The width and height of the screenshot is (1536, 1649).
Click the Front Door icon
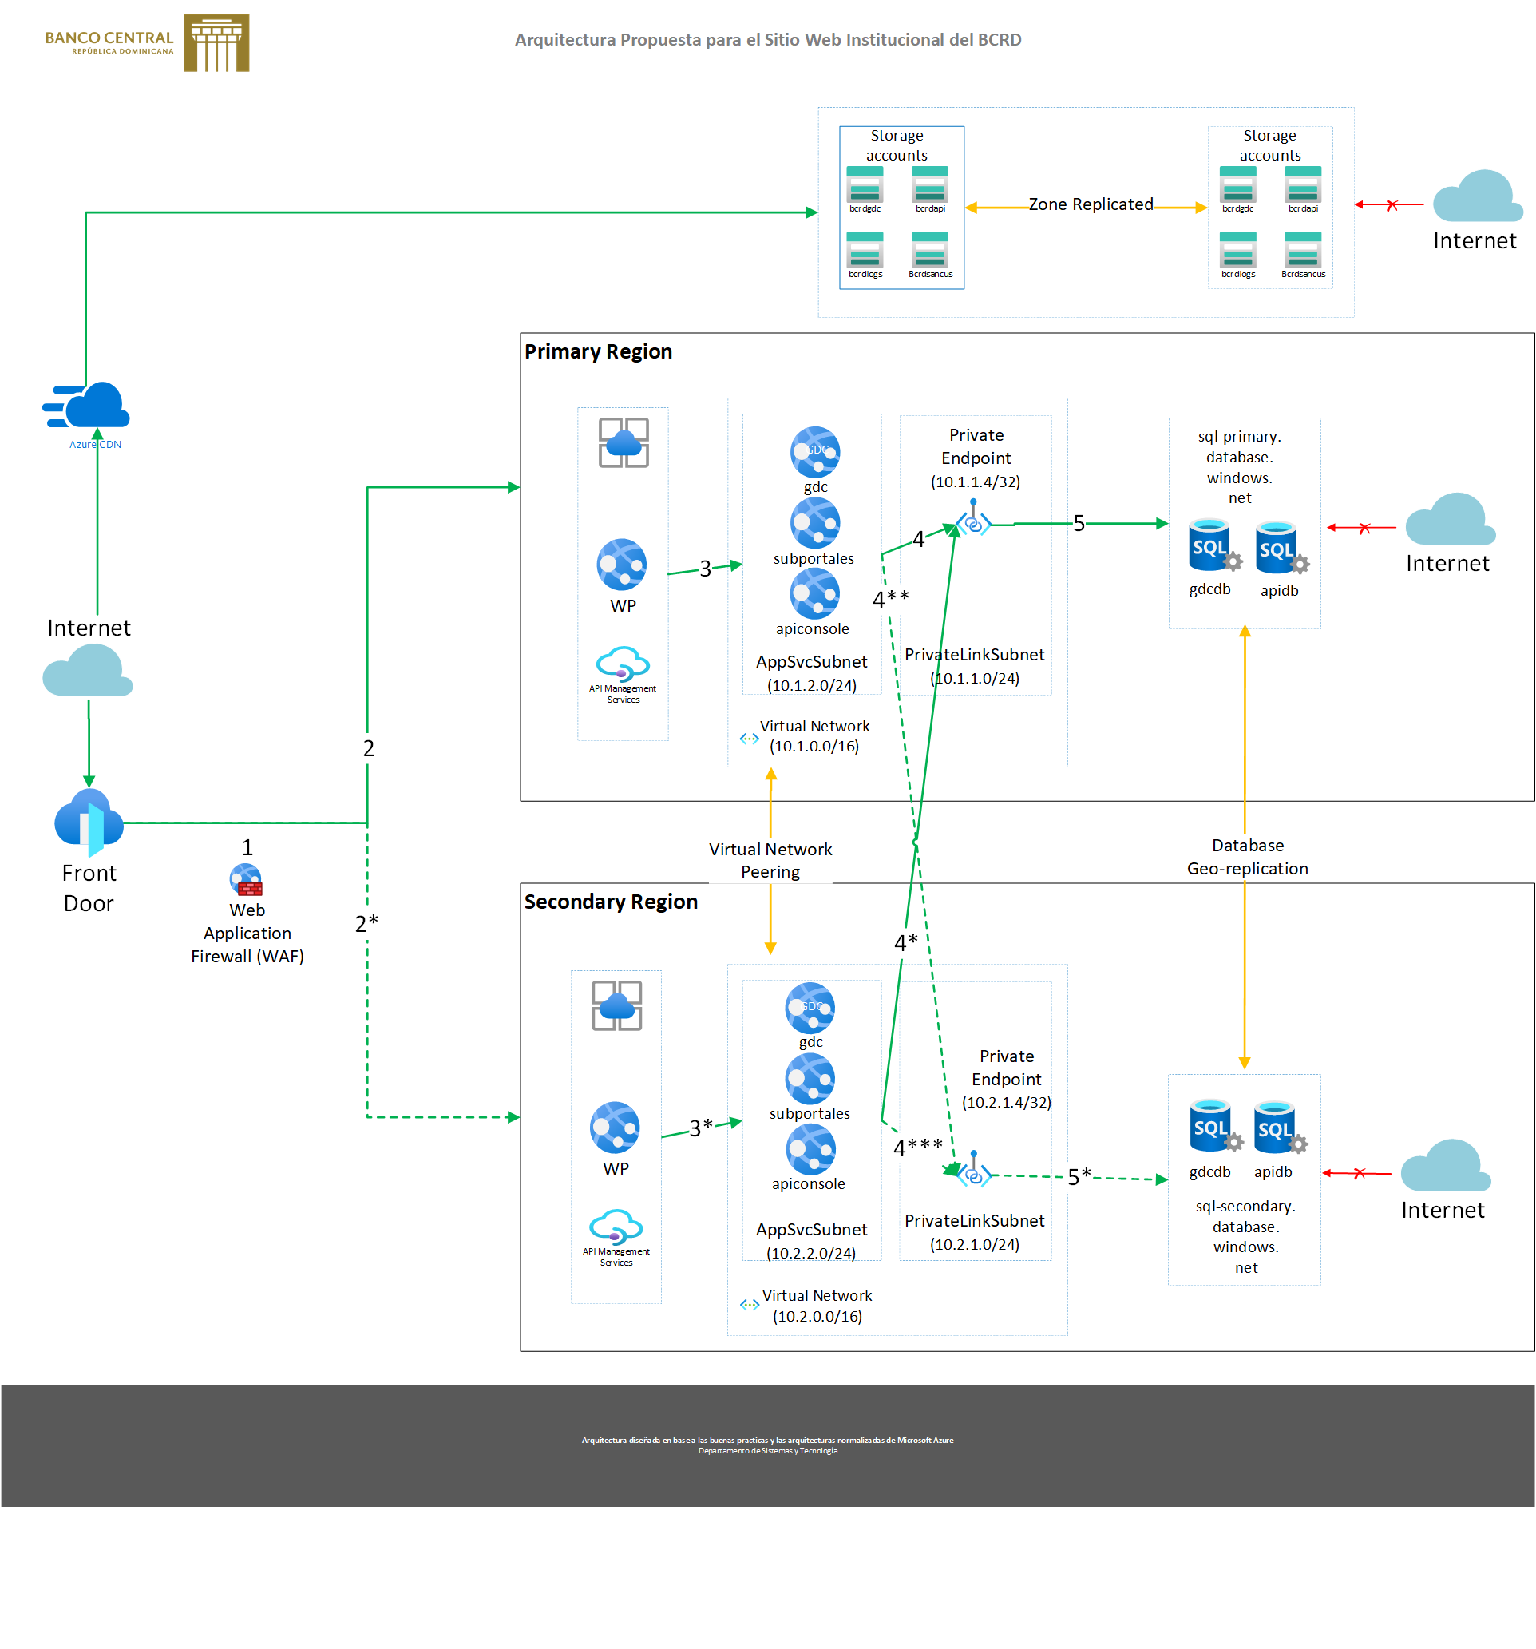click(89, 822)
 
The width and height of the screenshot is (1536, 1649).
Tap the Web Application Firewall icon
click(247, 880)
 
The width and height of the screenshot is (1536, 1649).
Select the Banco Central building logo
click(216, 42)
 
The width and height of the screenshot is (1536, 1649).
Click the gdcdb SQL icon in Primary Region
click(1211, 545)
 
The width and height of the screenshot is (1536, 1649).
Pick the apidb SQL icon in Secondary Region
click(1276, 1128)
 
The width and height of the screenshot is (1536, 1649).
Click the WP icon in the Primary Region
click(621, 565)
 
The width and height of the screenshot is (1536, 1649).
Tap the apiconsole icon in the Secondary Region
click(810, 1150)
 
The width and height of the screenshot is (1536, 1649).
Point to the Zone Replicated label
click(1090, 204)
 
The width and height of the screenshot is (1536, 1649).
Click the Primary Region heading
click(598, 351)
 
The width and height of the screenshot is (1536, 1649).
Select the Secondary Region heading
click(611, 902)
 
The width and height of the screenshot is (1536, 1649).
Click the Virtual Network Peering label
click(770, 860)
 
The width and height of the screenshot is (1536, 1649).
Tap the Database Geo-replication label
click(1246, 857)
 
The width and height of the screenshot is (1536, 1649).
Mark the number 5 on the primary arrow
click(1079, 523)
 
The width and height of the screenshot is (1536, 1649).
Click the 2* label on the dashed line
click(366, 923)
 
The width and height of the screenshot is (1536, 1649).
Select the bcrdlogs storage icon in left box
click(865, 250)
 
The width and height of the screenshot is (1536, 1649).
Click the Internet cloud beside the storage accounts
click(1476, 196)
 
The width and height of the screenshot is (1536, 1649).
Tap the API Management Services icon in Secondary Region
click(616, 1226)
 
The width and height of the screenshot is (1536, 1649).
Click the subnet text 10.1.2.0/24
click(811, 685)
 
